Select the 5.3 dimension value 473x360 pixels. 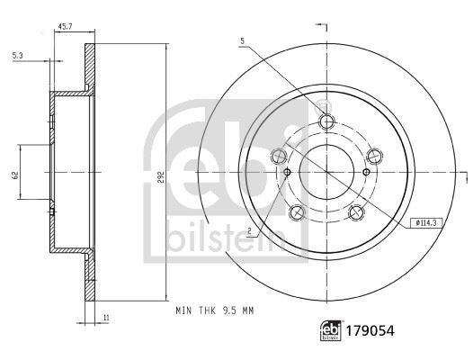[x=17, y=56]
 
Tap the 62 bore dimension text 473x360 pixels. [x=15, y=175]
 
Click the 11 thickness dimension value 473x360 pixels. [x=106, y=318]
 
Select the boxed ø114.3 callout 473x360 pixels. [x=426, y=223]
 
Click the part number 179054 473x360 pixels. [x=370, y=331]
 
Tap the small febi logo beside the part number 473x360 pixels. [x=331, y=330]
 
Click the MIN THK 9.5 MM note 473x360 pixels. [x=215, y=310]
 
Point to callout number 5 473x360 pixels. [x=243, y=41]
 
